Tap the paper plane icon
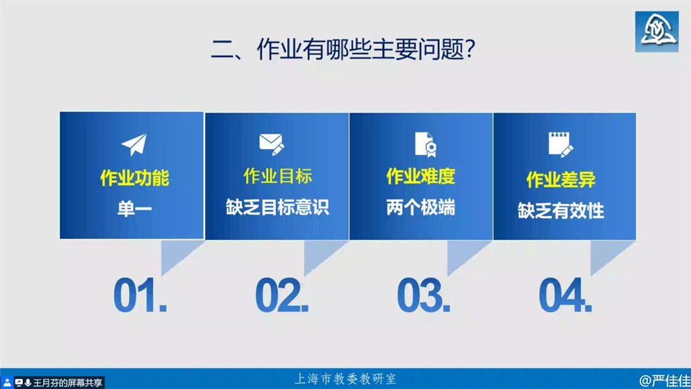tap(134, 145)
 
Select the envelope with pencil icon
tap(271, 145)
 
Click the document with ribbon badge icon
tap(426, 145)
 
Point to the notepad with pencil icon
tap(561, 145)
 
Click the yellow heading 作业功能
tap(134, 178)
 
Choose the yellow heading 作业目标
tap(277, 176)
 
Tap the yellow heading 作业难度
tap(421, 176)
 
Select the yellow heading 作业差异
tap(561, 180)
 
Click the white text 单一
tap(134, 208)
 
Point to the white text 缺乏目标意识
tap(277, 207)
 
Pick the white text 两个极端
tap(421, 207)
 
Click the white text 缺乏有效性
tap(561, 211)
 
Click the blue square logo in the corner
tap(657, 32)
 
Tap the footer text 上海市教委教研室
tap(345, 379)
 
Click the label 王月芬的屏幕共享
tap(67, 382)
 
